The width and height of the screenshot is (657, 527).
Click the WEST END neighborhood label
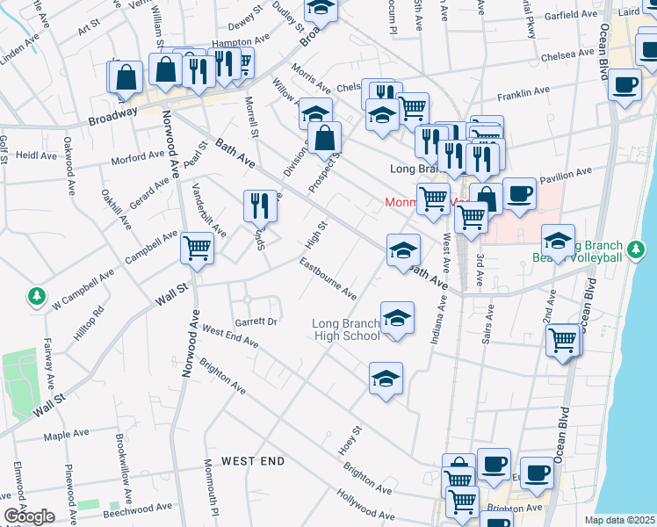[252, 460]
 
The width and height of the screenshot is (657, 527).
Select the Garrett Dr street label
[255, 321]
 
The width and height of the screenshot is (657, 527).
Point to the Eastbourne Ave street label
[328, 278]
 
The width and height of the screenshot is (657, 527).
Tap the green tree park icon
[37, 298]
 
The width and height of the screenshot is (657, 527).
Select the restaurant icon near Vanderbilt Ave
[259, 206]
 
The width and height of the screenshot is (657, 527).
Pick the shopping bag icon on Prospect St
[324, 138]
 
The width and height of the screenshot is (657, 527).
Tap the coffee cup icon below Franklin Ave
[625, 86]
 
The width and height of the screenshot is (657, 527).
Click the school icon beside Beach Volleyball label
[559, 241]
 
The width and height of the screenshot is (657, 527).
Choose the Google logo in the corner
[28, 516]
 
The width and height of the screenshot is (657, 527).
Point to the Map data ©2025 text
[620, 520]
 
